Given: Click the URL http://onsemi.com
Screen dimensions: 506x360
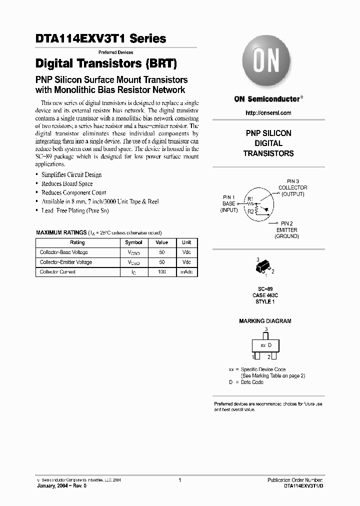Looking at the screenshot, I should pyautogui.click(x=268, y=113).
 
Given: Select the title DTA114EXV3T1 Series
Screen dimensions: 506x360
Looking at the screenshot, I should pyautogui.click(x=100, y=38).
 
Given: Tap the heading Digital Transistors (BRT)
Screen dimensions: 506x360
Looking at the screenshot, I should pyautogui.click(x=106, y=63).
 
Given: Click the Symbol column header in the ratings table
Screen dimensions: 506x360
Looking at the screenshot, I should pyautogui.click(x=133, y=242).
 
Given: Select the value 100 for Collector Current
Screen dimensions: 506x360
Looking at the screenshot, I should pyautogui.click(x=161, y=272).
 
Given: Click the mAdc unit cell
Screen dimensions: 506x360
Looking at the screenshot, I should pyautogui.click(x=186, y=272).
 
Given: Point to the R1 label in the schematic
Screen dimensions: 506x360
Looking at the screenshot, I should pyautogui.click(x=250, y=199).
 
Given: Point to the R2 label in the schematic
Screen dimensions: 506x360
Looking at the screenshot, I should pyautogui.click(x=250, y=211).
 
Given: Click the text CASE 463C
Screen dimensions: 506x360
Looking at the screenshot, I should pyautogui.click(x=265, y=295).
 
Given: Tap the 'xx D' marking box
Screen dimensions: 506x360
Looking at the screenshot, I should pyautogui.click(x=266, y=345).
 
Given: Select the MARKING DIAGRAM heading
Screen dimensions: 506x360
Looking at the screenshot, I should pyautogui.click(x=265, y=321).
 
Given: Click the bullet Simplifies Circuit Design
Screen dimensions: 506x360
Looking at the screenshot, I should pyautogui.click(x=71, y=175).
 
